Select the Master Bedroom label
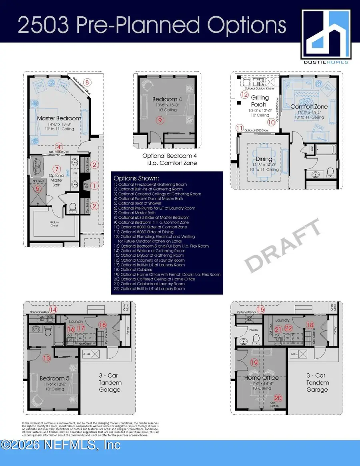coord(59,118)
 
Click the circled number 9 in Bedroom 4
coord(160,120)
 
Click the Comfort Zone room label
coord(309,106)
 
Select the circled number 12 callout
coord(244,95)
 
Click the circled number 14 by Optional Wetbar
coord(53,309)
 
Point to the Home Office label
coord(261,378)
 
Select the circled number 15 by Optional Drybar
coord(261,309)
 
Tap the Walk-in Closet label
coord(52,225)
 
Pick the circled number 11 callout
coord(239,128)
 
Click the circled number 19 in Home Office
coord(254,363)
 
